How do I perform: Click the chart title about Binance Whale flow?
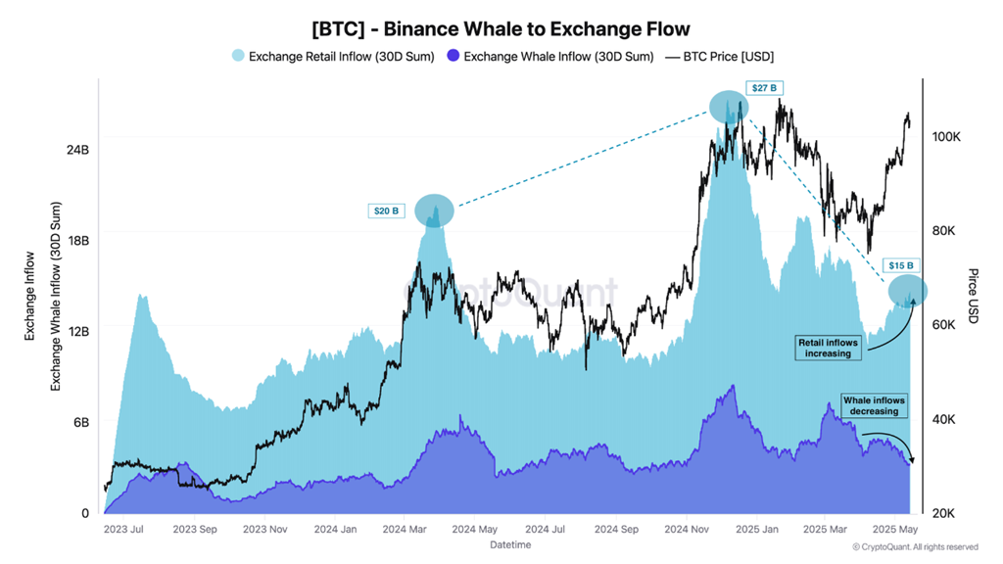coord(501,29)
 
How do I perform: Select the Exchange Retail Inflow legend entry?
coord(334,56)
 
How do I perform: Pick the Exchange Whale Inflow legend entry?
coord(549,56)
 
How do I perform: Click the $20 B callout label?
coord(385,211)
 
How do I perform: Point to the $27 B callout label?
coord(764,88)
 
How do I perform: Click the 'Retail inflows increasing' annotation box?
coord(828,348)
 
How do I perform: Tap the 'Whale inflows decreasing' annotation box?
coord(875,405)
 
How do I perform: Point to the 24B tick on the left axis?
coord(77,150)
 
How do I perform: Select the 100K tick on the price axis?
coord(945,137)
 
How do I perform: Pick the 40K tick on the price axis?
coord(945,419)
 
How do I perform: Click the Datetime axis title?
coord(509,544)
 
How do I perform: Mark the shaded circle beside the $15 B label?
coord(908,290)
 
